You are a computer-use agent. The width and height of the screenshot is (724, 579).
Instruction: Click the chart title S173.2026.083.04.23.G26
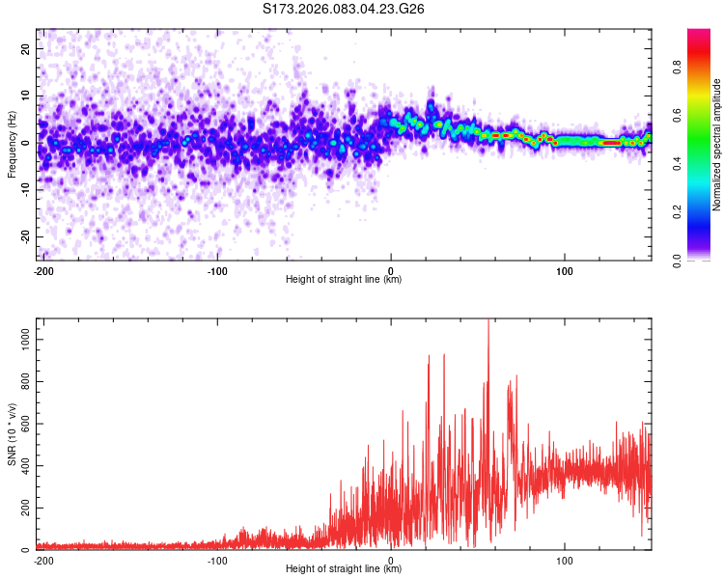point(345,9)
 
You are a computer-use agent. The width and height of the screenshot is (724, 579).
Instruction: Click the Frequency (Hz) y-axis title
point(12,144)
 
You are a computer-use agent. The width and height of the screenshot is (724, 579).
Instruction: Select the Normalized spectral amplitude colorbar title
point(717,145)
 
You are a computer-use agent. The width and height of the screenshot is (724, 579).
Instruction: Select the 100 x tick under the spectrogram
point(565,270)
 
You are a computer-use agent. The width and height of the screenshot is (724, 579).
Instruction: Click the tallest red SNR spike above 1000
point(488,322)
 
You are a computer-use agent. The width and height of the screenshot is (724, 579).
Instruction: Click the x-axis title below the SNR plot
point(344,569)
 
